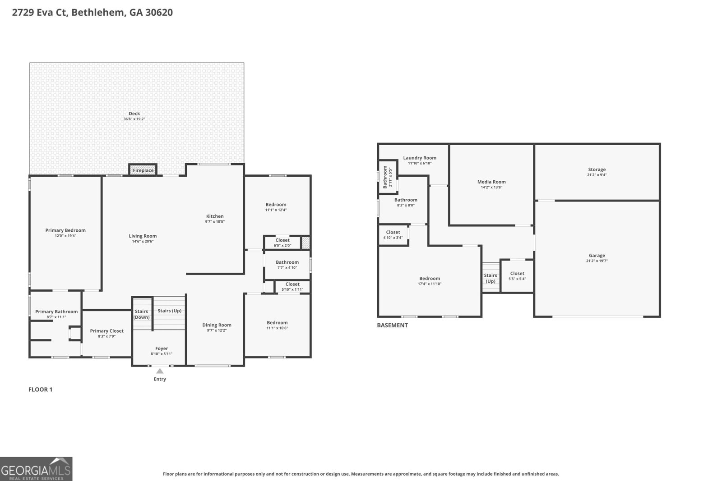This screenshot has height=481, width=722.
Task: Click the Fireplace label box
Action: pos(143,170)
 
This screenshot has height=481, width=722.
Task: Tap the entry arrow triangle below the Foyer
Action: pos(160,371)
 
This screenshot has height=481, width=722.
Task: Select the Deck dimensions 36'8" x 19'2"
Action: pos(134,119)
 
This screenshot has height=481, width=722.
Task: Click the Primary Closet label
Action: pos(106,331)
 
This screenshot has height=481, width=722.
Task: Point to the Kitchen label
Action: pos(215,216)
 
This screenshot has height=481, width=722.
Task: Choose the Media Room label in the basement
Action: pos(491,182)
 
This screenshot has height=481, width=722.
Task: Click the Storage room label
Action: pos(597,170)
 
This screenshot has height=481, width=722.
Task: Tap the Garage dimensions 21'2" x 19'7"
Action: pos(597,261)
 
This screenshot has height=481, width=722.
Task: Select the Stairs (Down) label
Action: pos(141,314)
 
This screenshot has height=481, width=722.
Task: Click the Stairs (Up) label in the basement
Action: pos(491,278)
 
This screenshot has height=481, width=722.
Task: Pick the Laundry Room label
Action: pos(420,158)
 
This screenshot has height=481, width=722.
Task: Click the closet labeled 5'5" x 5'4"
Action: pos(517,276)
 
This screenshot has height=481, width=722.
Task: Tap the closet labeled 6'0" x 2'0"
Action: pos(282,243)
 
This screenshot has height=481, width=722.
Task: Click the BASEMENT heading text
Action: pos(392,325)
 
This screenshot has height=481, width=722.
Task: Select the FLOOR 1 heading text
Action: pos(41,389)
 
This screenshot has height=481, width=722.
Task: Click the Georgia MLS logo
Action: pos(36,469)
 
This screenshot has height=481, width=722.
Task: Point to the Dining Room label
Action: pos(217,325)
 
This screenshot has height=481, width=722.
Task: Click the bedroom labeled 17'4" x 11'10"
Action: pos(429,281)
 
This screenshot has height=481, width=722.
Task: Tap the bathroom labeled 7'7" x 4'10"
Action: pos(287,265)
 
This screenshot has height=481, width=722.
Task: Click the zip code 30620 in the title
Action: pos(159,12)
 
